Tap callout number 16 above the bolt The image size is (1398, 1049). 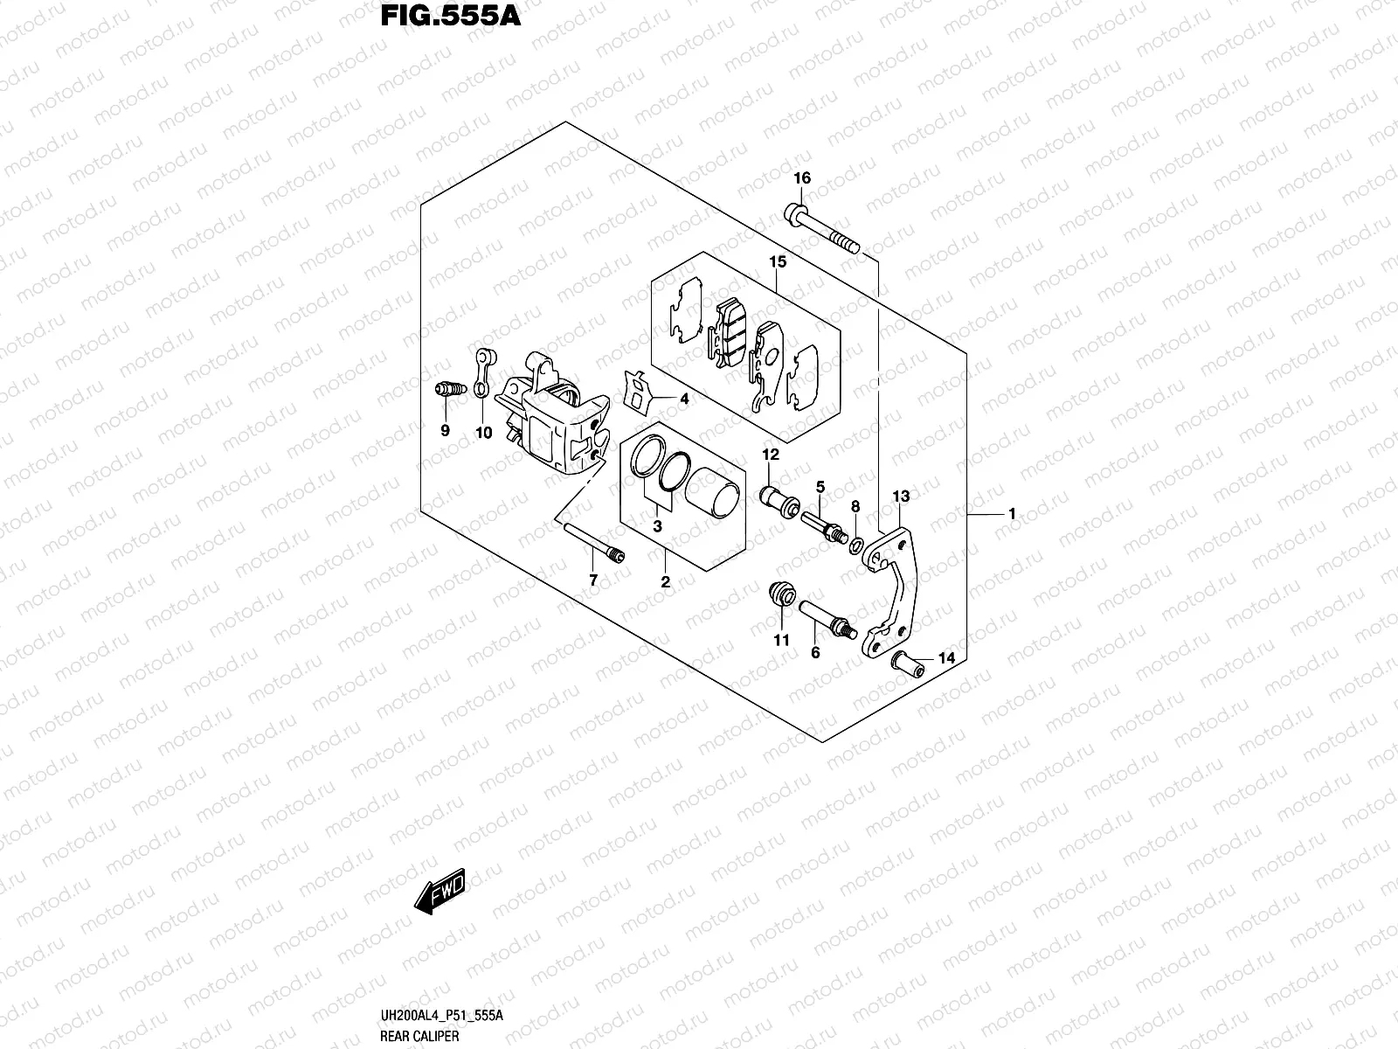tap(802, 178)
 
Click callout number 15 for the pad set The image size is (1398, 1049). tap(778, 261)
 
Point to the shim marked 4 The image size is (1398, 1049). tap(640, 391)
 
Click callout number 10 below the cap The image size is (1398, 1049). tap(483, 433)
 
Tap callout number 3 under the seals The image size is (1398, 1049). tap(657, 526)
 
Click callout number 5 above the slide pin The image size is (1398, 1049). tap(820, 486)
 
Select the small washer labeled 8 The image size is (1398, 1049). tap(858, 545)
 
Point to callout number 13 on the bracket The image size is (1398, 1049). tap(901, 497)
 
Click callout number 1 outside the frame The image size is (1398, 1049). tap(1012, 514)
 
